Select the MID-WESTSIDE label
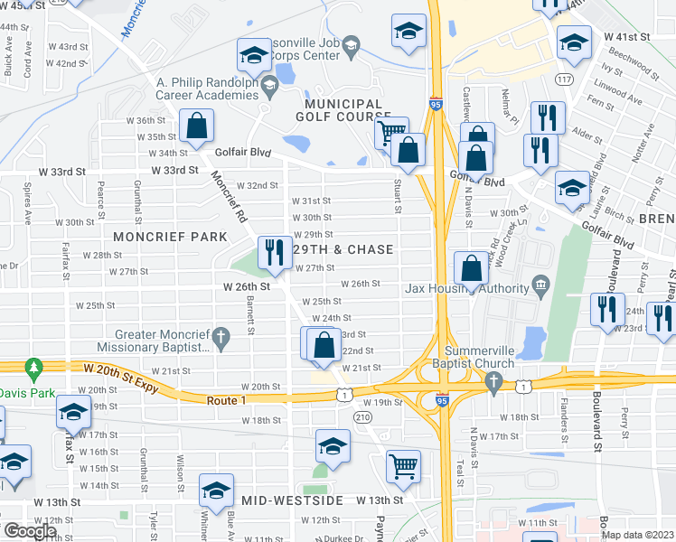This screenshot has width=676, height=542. pyautogui.click(x=292, y=500)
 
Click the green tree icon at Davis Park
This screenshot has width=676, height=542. pyautogui.click(x=34, y=369)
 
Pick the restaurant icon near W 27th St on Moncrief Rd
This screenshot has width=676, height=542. pyautogui.click(x=273, y=252)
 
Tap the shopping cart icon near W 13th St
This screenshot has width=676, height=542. pyautogui.click(x=403, y=466)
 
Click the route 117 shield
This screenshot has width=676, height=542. pyautogui.click(x=565, y=79)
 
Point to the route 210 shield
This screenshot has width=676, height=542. pyautogui.click(x=363, y=416)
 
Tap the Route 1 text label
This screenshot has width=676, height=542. pyautogui.click(x=227, y=398)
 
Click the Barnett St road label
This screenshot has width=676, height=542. pyautogui.click(x=249, y=313)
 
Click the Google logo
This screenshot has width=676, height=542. pyautogui.click(x=30, y=530)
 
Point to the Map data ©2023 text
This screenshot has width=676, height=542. pyautogui.click(x=637, y=535)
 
